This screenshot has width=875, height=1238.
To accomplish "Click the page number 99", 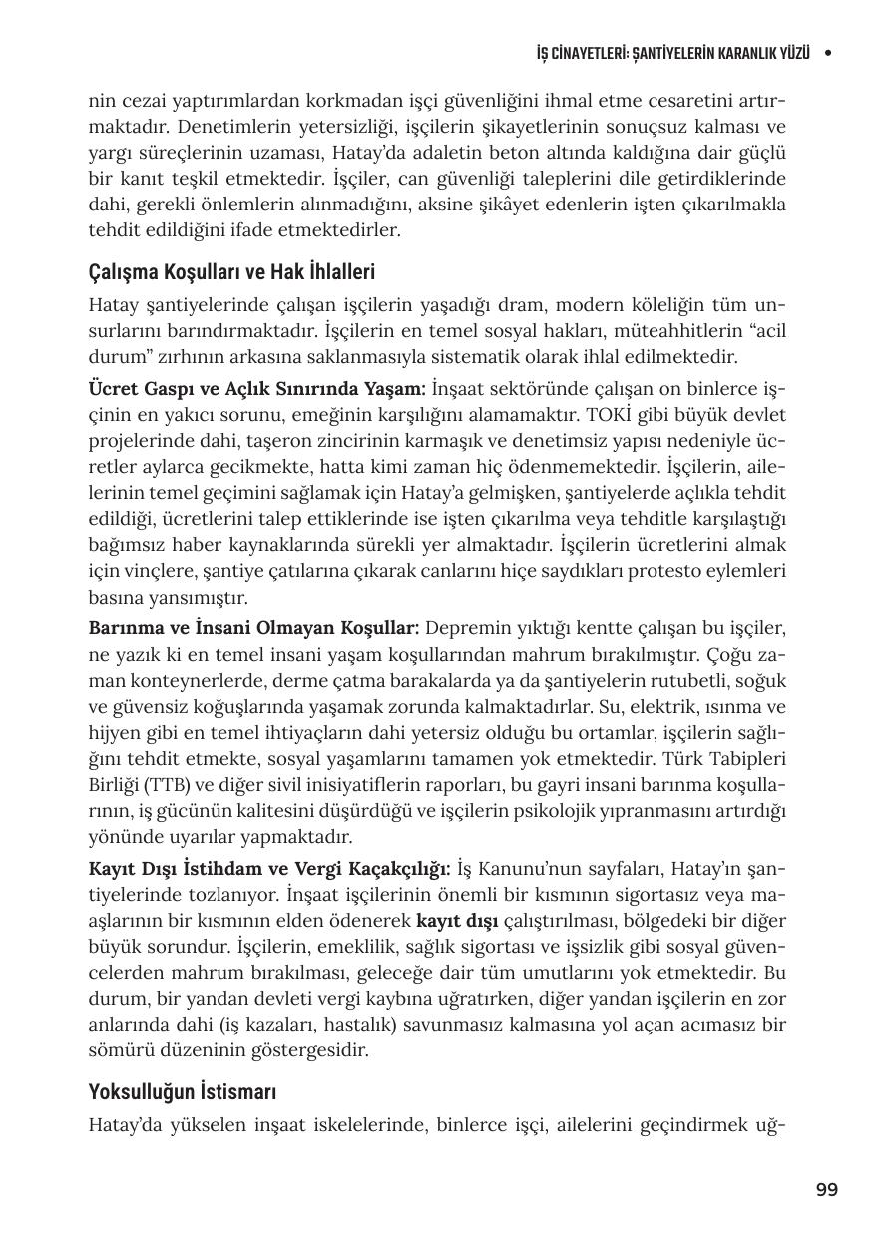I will pos(826,1189).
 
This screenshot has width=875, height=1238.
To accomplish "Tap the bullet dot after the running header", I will pos(827,53).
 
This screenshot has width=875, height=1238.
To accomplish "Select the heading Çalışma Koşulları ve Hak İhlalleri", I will pos(231,272).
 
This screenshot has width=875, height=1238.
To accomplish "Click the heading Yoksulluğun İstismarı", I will pos(182,1091).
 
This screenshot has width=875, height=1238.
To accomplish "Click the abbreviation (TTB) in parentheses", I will pos(181,785).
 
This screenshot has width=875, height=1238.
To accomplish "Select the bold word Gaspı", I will pos(173,389).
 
